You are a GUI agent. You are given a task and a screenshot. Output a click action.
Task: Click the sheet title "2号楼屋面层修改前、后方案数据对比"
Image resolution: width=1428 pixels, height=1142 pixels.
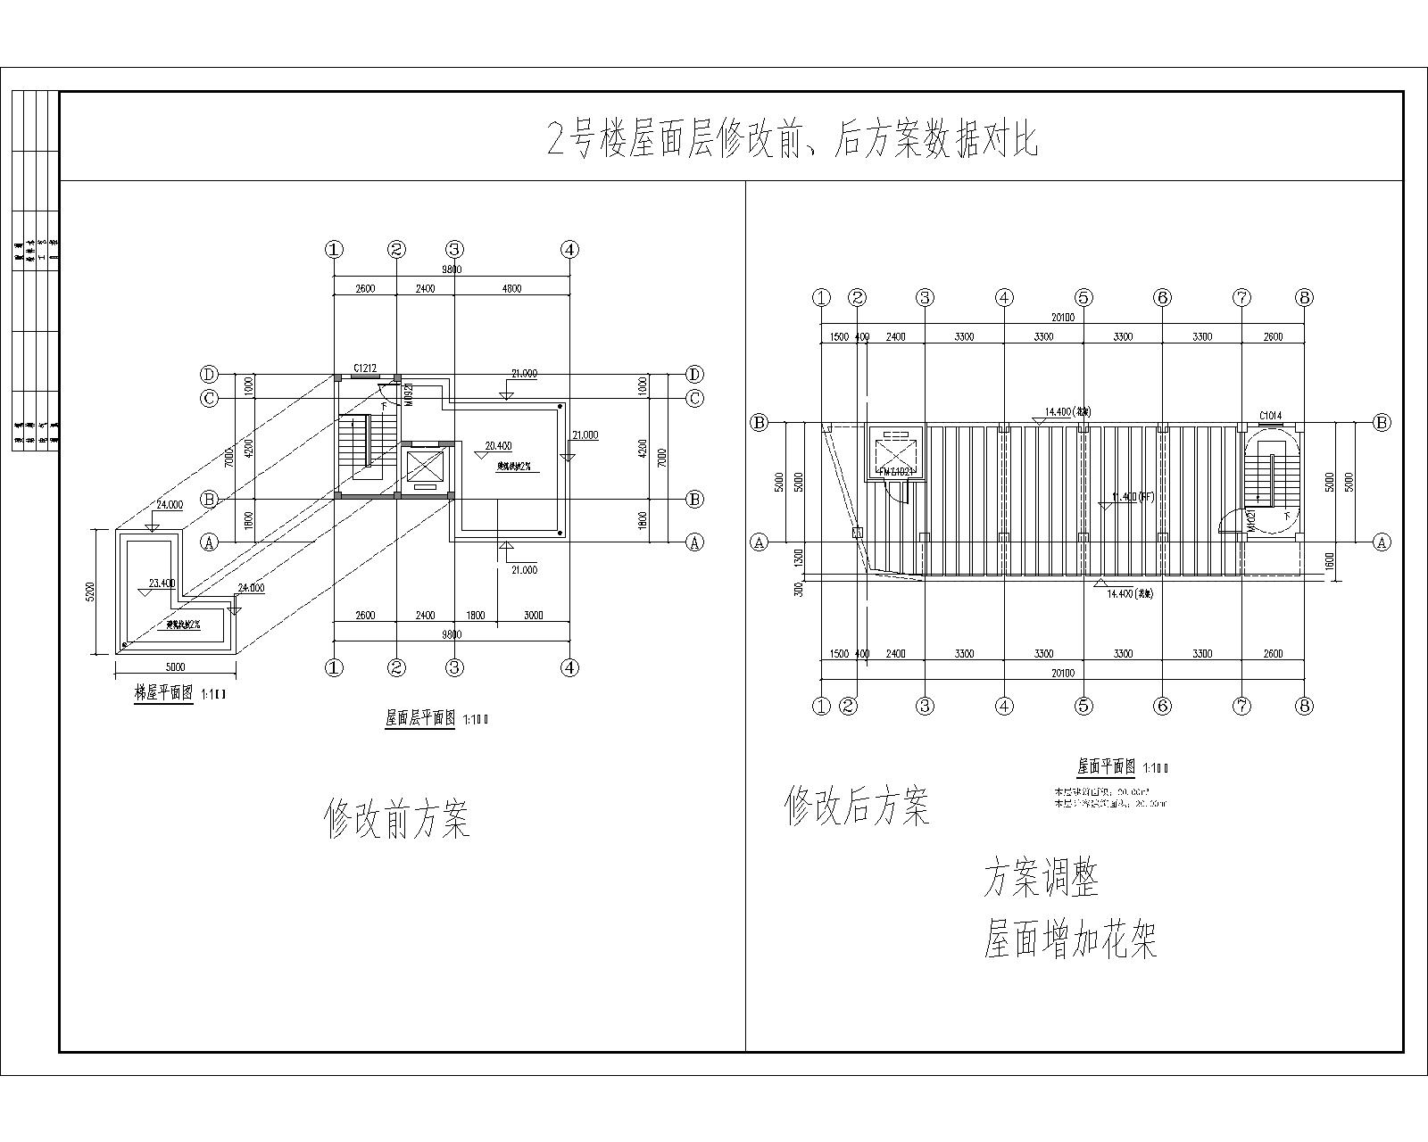[x=793, y=140]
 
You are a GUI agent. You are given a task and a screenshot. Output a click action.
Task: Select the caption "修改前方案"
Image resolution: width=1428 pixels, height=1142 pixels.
[x=396, y=817]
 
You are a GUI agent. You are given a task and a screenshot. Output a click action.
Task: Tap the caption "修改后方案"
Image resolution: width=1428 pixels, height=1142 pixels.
[x=857, y=805]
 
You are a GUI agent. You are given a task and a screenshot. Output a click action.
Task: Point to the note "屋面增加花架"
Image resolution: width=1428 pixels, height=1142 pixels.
[x=1070, y=939]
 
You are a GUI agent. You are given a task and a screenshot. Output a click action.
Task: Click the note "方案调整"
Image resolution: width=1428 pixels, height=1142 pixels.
[x=1041, y=878]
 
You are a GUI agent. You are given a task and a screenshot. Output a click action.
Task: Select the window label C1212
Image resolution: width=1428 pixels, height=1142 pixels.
[x=364, y=368]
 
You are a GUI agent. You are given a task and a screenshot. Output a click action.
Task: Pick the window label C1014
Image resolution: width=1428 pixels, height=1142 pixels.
[x=1270, y=416]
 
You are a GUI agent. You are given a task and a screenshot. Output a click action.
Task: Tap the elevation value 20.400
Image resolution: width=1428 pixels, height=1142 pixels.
[x=498, y=445]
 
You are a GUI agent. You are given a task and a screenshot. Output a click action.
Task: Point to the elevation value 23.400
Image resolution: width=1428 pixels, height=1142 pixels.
[x=162, y=583]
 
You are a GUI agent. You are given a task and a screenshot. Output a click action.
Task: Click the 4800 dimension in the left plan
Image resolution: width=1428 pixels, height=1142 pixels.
[x=511, y=288]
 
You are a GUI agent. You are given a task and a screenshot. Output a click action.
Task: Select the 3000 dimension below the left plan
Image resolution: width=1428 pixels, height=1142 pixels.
[x=533, y=616]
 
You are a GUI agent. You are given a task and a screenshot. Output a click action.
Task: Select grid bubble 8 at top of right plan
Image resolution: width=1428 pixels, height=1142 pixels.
[x=1304, y=298]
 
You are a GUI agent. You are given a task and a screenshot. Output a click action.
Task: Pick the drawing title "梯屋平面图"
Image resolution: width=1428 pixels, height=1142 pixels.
[x=163, y=692]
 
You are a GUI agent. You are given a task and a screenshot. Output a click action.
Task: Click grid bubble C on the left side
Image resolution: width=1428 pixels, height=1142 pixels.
[x=209, y=398]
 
